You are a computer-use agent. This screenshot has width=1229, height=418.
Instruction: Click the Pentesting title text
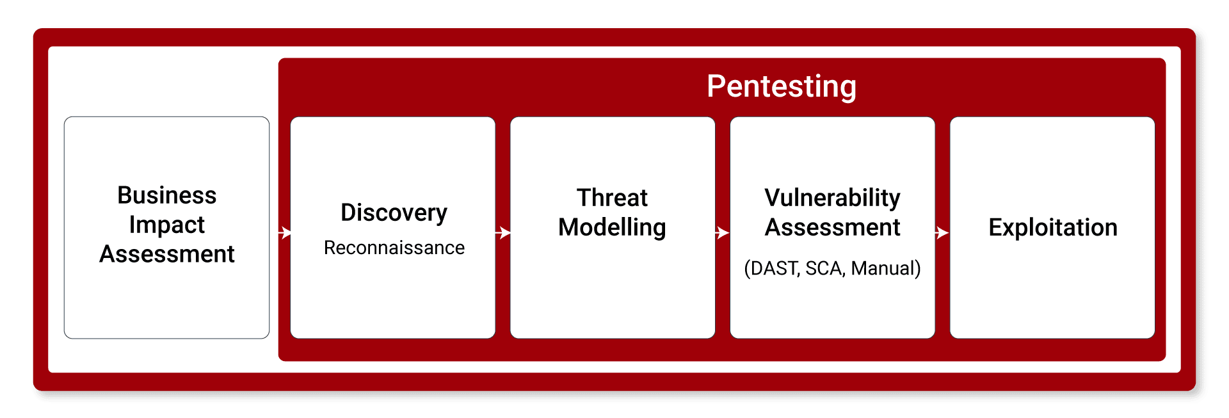coord(781,86)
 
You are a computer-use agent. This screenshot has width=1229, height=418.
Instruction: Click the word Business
coord(166,195)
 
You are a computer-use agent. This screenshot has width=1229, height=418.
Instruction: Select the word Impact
coord(166,225)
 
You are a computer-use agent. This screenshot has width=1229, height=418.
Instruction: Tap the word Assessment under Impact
coord(166,254)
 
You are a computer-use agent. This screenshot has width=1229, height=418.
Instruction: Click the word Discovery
coord(394,213)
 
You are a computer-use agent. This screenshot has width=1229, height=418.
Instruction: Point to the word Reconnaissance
coord(394,248)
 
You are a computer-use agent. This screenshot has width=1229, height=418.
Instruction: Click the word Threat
coord(612,198)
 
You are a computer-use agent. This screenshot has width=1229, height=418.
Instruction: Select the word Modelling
coord(612,227)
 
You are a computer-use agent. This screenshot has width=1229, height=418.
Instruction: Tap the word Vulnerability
coord(832,198)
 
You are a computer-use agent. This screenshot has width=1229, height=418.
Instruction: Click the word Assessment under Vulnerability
coord(832,227)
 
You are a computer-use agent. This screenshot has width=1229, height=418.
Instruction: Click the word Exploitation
coord(1052,227)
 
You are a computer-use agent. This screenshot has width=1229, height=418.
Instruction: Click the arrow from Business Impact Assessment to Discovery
coord(285,232)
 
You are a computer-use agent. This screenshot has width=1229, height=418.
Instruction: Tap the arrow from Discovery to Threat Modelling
coord(504,232)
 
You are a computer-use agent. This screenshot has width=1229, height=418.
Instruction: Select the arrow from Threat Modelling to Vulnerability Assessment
coord(723,232)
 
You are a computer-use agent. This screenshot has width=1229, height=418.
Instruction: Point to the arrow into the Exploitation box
coord(942,232)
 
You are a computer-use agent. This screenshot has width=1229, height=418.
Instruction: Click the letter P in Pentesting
coord(715,86)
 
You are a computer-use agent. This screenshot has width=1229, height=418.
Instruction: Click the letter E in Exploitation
coord(995,227)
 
